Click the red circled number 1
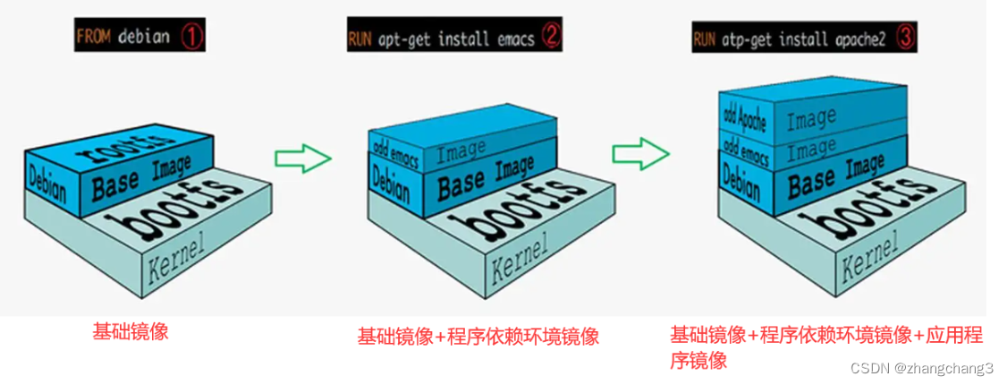194,37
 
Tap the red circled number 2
552,37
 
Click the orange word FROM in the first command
93,38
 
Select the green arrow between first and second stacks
302,159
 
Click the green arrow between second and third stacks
640,152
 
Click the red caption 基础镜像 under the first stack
131,330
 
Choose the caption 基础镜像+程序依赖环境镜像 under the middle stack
478,337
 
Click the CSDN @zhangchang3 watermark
921,368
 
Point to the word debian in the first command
144,38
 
